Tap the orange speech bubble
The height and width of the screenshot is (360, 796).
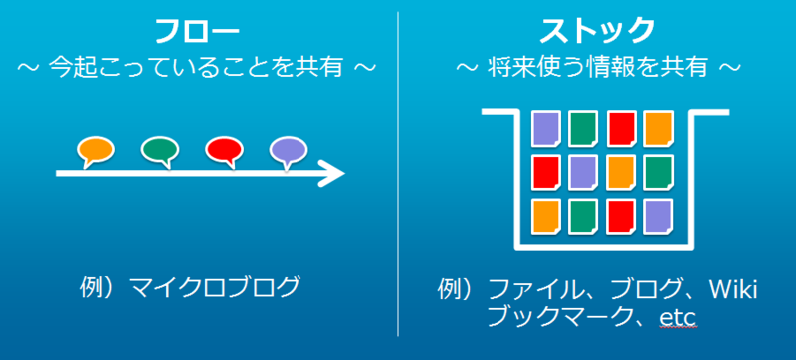coord(97,151)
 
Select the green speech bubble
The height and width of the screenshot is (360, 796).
coord(159,151)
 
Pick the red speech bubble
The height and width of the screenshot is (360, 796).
coord(224,151)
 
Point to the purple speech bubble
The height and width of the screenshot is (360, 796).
coord(287,151)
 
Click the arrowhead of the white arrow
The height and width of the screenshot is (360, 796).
coord(332,175)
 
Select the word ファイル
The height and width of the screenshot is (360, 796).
coord(532,290)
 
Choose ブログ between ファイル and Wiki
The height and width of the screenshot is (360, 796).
coord(625,290)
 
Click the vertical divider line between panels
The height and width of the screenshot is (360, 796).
coord(398,179)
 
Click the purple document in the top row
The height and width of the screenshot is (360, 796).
coord(545,128)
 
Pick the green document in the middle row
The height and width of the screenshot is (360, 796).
coord(657,172)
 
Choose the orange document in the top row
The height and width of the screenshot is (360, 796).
coord(657,128)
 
